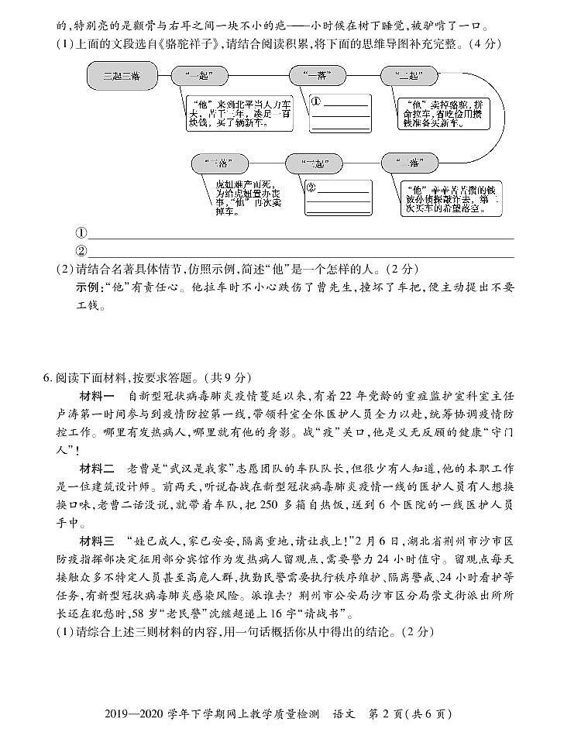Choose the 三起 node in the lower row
coord(314,163)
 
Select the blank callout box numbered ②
coord(338,198)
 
